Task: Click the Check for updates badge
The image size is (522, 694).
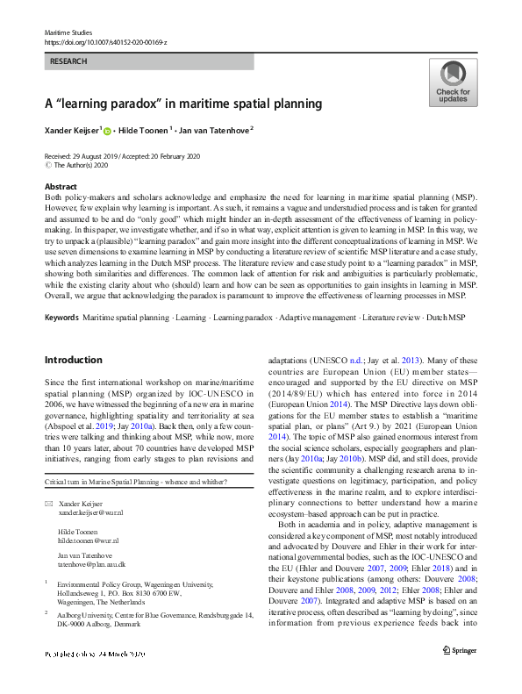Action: [452, 82]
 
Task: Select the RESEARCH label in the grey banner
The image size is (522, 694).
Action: [69, 62]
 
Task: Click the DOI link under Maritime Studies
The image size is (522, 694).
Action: [105, 41]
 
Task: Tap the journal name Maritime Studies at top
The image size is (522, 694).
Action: [67, 32]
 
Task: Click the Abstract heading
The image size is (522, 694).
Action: [61, 187]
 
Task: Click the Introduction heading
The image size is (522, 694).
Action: [73, 360]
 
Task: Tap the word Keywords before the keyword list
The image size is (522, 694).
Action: [61, 315]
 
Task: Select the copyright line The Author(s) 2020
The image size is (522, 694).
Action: [84, 165]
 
